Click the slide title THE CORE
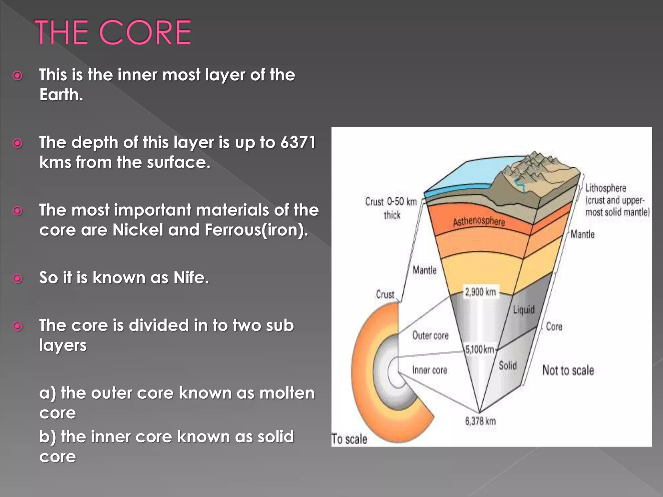[x=113, y=32]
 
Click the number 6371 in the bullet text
[x=298, y=142]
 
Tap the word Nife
[x=191, y=278]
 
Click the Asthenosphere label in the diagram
[x=479, y=221]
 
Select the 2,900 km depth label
[x=480, y=292]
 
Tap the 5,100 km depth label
[x=480, y=349]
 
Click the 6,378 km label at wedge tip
[x=480, y=421]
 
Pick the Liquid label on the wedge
[x=523, y=310]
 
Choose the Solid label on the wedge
[x=508, y=366]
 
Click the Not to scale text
[x=568, y=370]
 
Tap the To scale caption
[x=349, y=439]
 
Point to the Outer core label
[x=430, y=336]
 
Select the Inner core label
[x=430, y=370]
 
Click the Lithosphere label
[x=605, y=188]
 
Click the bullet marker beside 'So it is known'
[x=17, y=278]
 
